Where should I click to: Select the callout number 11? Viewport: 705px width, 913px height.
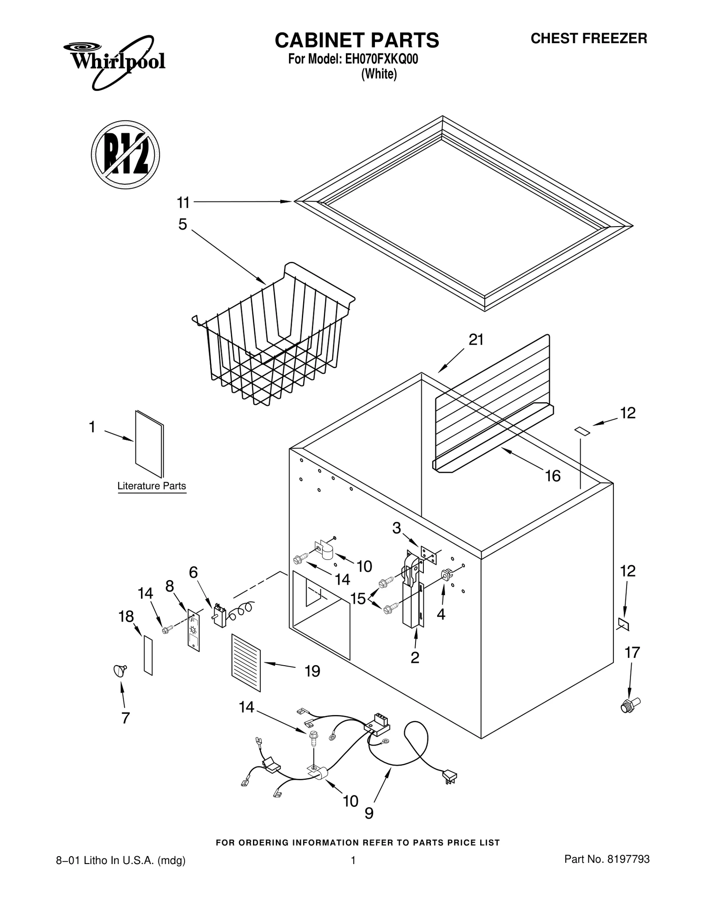[x=183, y=203]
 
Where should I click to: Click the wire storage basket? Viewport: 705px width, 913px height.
[x=273, y=337]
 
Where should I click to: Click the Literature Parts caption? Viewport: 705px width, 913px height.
[x=152, y=486]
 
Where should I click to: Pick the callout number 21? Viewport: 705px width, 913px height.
[x=476, y=340]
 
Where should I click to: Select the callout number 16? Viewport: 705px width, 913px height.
[x=552, y=476]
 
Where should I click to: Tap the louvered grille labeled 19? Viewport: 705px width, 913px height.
[x=246, y=663]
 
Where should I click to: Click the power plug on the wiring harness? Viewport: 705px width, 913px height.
[x=450, y=776]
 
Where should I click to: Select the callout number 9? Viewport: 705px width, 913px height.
[x=369, y=813]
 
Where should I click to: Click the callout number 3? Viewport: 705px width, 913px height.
[x=397, y=528]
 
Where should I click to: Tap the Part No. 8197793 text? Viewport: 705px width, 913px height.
[x=607, y=859]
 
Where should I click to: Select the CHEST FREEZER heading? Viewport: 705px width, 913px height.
[x=589, y=39]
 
